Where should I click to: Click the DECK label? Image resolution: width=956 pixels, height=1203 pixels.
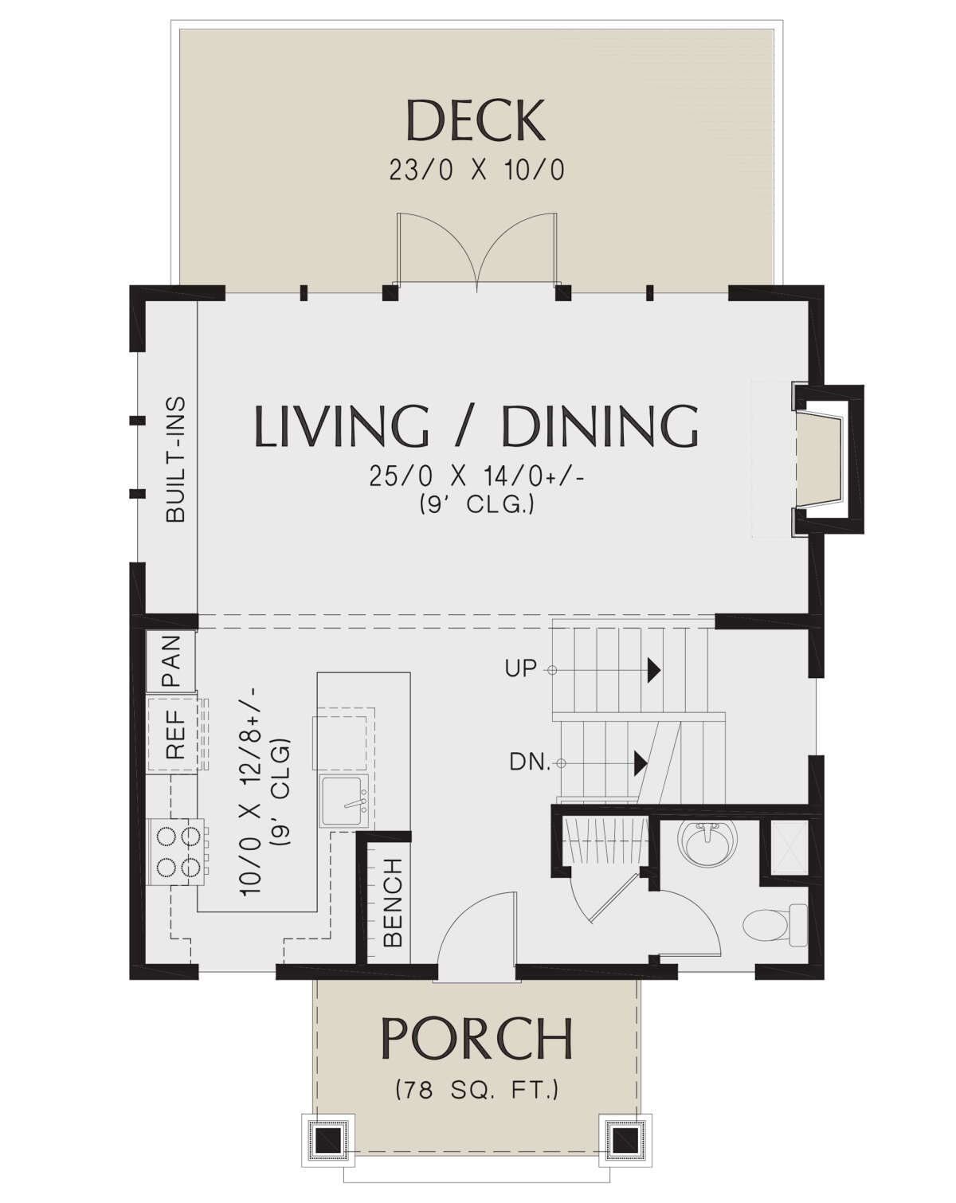(x=475, y=120)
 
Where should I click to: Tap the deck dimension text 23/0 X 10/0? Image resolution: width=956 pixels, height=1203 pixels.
(x=476, y=170)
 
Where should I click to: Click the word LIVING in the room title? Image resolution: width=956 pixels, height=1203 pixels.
(x=342, y=426)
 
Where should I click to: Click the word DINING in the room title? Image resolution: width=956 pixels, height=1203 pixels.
(x=600, y=426)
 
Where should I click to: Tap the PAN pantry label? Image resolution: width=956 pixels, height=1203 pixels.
(x=171, y=660)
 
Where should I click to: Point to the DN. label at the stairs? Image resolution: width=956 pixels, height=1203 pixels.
(x=530, y=762)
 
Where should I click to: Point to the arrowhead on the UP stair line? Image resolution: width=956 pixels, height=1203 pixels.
(x=653, y=670)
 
